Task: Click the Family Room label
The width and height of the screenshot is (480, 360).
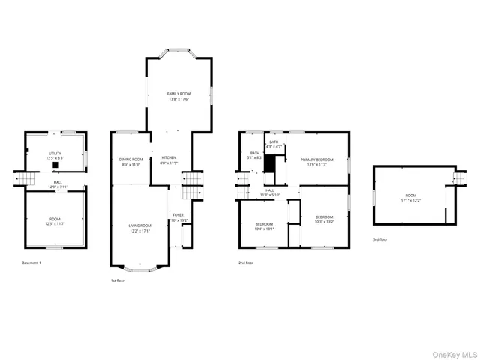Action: point(178,96)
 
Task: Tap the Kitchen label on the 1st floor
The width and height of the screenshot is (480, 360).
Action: point(169,160)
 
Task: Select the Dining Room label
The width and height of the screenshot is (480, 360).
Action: point(131,162)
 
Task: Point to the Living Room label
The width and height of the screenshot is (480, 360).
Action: point(139,228)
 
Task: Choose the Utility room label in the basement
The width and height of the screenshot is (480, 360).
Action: point(55,156)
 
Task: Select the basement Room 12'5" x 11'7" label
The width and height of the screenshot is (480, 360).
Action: point(55,221)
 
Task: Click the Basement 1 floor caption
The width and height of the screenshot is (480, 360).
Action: point(31,262)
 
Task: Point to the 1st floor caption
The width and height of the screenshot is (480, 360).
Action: point(118,280)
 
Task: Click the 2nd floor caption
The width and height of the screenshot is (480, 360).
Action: point(246,262)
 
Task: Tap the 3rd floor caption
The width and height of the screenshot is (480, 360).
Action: point(380,239)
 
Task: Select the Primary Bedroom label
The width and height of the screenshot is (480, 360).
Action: point(316,162)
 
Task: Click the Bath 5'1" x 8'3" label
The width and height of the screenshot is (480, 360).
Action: point(255,156)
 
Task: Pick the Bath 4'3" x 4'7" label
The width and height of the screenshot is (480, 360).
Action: point(274,145)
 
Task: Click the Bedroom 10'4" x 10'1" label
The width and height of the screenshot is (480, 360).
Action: point(265,227)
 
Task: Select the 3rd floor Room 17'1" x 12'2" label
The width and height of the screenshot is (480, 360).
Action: point(410,198)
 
